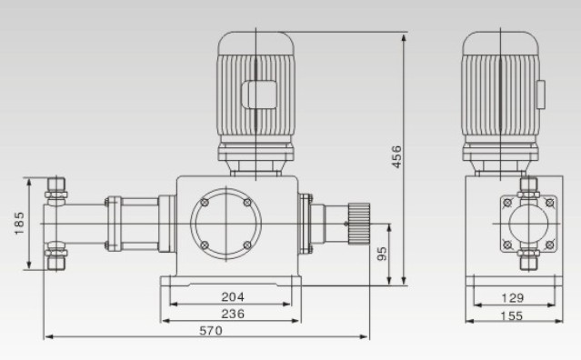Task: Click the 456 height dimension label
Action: click(x=396, y=156)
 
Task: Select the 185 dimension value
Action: click(x=19, y=223)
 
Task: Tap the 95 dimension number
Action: click(x=382, y=254)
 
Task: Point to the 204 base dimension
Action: click(x=233, y=296)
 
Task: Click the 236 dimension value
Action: click(x=233, y=314)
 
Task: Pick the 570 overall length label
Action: click(x=211, y=330)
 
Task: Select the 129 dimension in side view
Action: click(x=513, y=298)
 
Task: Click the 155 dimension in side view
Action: click(x=512, y=316)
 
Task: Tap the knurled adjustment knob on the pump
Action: click(x=359, y=224)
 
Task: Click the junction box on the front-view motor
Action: click(x=259, y=95)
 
